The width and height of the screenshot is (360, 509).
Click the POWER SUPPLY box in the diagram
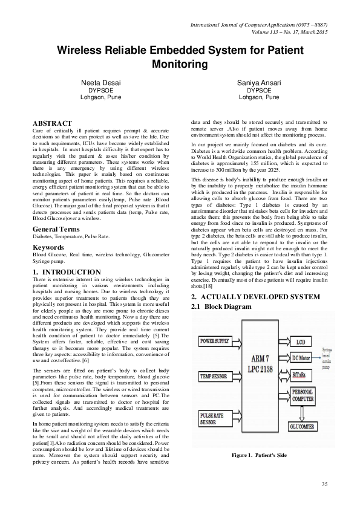point(215,342)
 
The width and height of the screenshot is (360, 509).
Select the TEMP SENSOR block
point(213,376)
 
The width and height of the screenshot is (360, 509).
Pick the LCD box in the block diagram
point(300,342)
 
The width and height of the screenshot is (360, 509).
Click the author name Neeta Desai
point(97,81)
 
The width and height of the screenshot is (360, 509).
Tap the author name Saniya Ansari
point(259,81)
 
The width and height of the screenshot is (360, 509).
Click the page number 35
point(324,484)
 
